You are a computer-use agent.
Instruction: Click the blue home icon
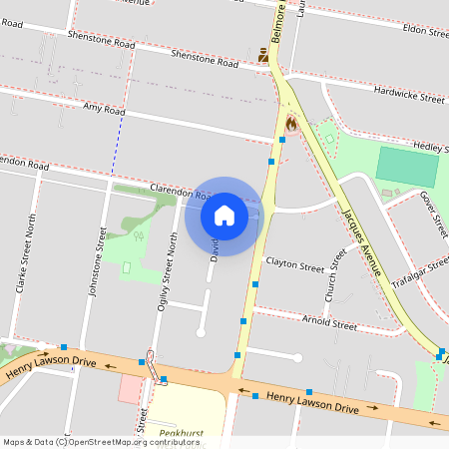[224, 216]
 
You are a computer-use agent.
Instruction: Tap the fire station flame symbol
[291, 124]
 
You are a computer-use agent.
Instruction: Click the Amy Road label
[104, 108]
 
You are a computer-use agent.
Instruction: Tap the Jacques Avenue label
[361, 242]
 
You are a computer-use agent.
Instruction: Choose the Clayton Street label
[295, 266]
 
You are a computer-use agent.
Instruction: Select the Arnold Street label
[330, 325]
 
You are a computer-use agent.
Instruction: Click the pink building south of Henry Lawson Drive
[130, 389]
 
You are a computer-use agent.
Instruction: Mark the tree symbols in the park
[138, 236]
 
